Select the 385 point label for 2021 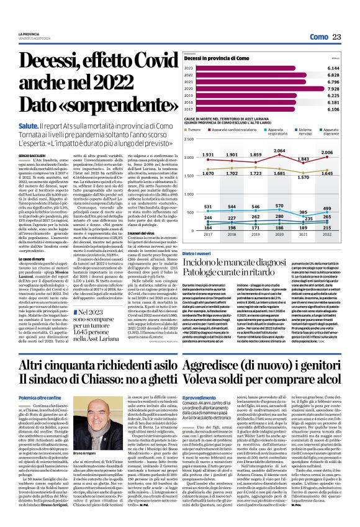(x=302, y=212)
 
